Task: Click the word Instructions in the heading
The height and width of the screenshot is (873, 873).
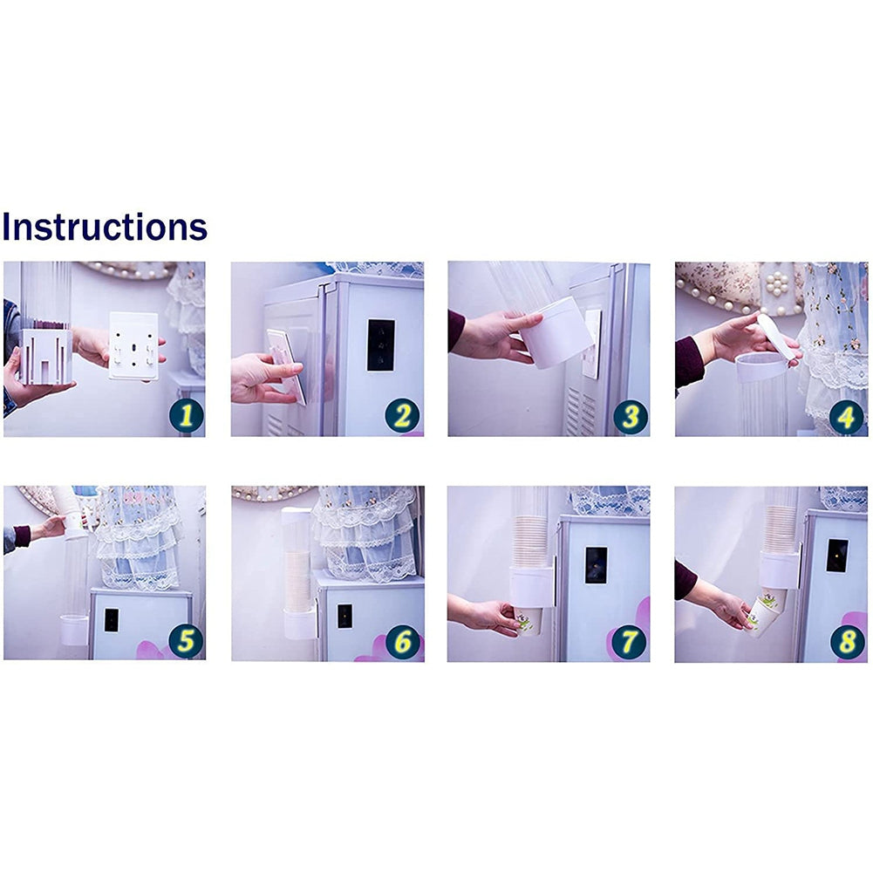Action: [x=105, y=227]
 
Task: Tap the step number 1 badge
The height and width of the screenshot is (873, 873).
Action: [x=187, y=416]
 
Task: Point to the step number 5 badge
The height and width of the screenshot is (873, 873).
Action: [x=186, y=640]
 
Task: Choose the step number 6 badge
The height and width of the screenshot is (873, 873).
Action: [x=403, y=642]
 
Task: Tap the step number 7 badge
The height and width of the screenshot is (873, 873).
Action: [x=629, y=642]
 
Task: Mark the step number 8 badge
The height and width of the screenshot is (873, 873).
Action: [x=848, y=642]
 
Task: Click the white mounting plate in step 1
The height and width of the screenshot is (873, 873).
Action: [x=133, y=345]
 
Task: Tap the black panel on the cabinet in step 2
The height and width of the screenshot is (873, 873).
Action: [x=381, y=344]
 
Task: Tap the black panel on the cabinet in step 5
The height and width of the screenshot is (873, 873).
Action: [x=112, y=620]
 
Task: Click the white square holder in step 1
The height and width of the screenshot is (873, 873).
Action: [x=46, y=356]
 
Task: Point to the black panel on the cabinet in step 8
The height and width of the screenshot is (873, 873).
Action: [x=837, y=555]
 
